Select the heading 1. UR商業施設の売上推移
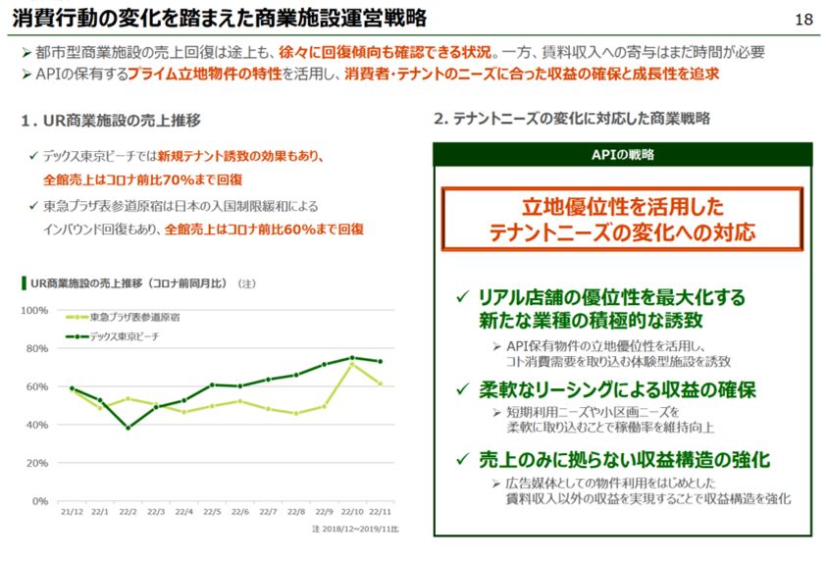(x=111, y=120)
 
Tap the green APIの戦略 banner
(x=622, y=155)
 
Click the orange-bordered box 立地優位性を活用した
(x=622, y=219)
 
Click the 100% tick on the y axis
(x=35, y=310)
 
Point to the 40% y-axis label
(x=37, y=425)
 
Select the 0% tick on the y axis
(x=40, y=501)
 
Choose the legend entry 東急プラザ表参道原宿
(x=133, y=318)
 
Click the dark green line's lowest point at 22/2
(x=128, y=428)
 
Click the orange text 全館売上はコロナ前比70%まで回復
(x=143, y=179)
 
